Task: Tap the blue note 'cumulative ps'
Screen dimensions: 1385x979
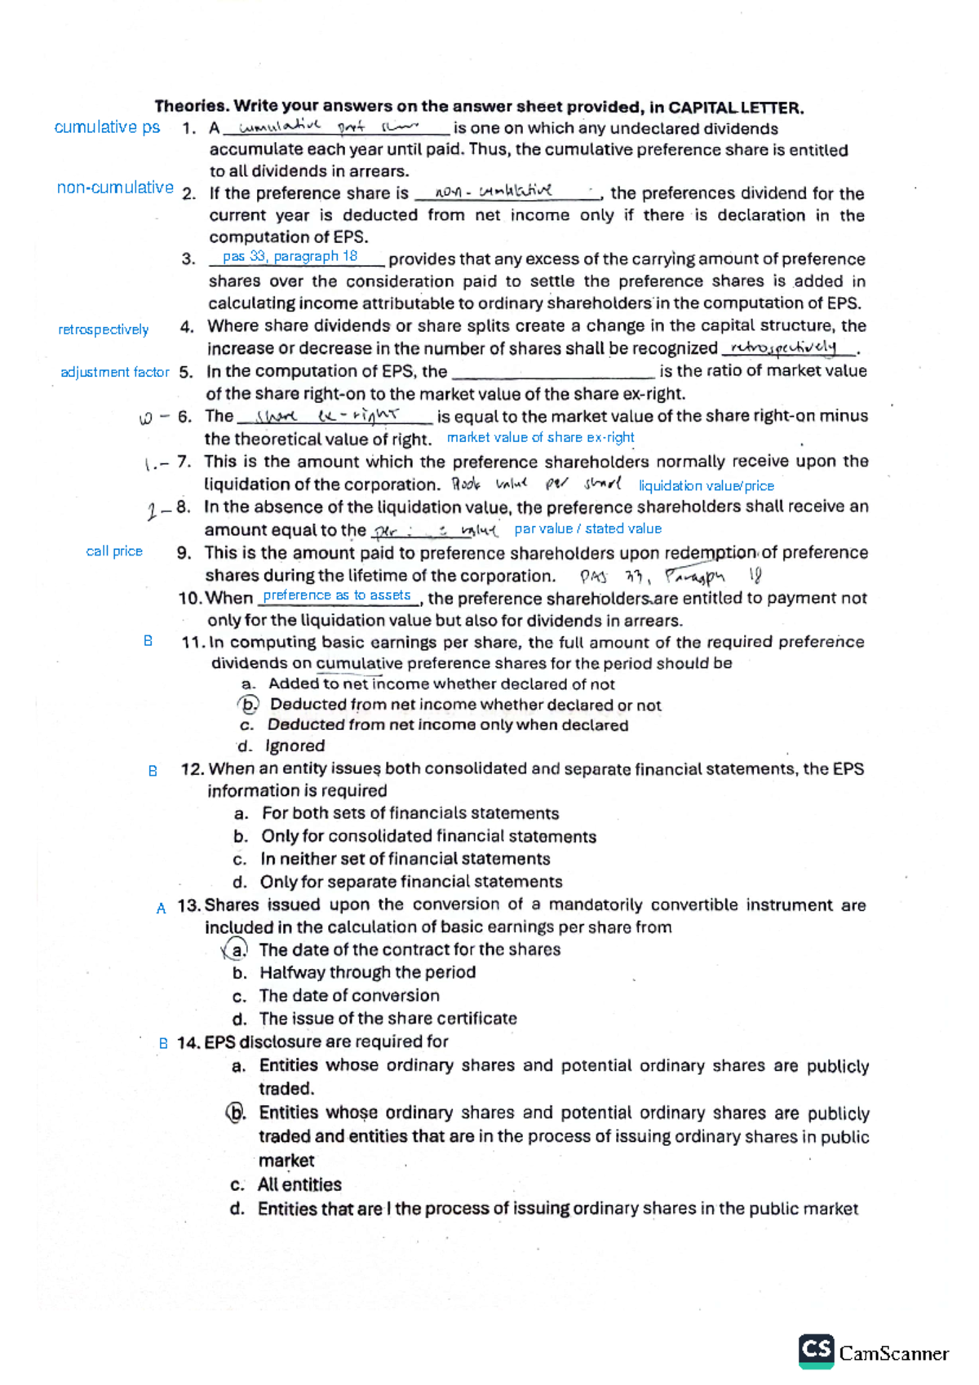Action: (x=107, y=127)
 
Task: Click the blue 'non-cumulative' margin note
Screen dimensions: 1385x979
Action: (x=115, y=188)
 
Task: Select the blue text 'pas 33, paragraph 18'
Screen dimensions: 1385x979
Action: (x=290, y=256)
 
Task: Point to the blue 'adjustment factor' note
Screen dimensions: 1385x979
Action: (x=114, y=372)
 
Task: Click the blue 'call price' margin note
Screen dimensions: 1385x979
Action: (x=114, y=551)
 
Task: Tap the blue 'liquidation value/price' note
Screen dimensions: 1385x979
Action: (x=706, y=485)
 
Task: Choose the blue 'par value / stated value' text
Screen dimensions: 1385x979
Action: (x=587, y=529)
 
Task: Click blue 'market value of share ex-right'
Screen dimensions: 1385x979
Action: (x=540, y=437)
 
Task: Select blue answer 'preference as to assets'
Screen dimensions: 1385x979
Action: (x=336, y=595)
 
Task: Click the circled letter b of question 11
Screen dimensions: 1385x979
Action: (x=249, y=704)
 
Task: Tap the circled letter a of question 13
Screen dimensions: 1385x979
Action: (x=236, y=949)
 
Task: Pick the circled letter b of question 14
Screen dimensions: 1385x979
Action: (x=237, y=1113)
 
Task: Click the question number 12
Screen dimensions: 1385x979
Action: (x=193, y=768)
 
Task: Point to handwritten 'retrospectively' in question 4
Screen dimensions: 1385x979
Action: (x=783, y=347)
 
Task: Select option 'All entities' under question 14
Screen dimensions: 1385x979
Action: (x=299, y=1184)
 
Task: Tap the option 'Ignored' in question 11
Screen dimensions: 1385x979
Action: (x=295, y=746)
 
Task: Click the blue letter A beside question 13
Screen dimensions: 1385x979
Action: (x=161, y=908)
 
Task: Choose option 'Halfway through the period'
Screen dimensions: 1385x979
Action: (x=367, y=972)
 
